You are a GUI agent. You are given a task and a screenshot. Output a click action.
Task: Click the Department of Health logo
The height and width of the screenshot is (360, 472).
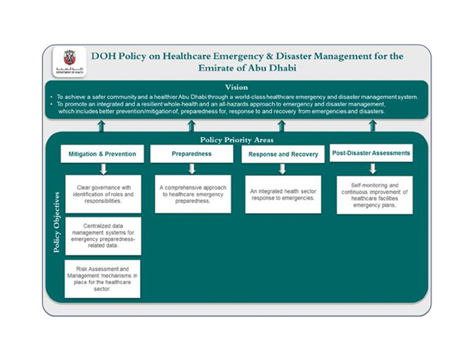coord(70,61)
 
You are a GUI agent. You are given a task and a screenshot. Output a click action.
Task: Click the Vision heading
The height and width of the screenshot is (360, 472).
coord(237,87)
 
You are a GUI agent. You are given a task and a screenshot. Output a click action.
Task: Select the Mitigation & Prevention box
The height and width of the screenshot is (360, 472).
coord(102,154)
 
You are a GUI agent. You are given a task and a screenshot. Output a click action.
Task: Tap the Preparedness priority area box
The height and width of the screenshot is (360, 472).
coord(192,154)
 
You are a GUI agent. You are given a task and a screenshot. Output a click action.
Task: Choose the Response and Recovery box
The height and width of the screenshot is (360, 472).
coord(283,154)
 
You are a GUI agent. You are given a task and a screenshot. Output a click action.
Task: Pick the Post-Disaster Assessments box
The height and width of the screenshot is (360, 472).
coord(371,153)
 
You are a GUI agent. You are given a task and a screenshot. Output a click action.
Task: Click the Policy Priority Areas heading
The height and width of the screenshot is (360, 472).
coord(237,140)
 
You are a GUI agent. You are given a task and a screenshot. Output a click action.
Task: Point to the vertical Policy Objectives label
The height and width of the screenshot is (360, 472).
coord(56,222)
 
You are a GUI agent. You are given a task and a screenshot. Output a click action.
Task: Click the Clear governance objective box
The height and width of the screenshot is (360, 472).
coord(103,194)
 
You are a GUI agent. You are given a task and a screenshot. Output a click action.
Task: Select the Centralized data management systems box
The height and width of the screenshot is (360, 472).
coord(103,236)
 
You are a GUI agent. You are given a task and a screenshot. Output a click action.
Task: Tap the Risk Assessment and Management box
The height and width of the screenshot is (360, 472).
coord(102,279)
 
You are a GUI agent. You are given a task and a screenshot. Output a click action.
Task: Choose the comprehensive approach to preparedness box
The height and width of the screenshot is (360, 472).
coord(193,194)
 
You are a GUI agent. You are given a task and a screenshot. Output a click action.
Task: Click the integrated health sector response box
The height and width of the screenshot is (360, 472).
coord(283,195)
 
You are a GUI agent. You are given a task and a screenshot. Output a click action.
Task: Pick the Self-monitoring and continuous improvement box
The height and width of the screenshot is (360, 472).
coord(375,195)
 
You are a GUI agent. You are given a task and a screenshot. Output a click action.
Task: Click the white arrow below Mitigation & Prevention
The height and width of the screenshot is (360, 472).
coord(103,169)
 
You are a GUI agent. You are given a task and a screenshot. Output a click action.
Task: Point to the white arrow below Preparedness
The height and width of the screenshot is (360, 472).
coord(192,169)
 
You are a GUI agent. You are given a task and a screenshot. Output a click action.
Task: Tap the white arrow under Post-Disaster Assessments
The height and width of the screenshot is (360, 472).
coord(373,168)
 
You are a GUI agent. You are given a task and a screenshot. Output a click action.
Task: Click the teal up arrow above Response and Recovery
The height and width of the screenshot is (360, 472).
coord(282,126)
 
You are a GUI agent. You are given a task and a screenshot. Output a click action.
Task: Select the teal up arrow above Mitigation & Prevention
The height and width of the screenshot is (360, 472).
coord(102,126)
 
